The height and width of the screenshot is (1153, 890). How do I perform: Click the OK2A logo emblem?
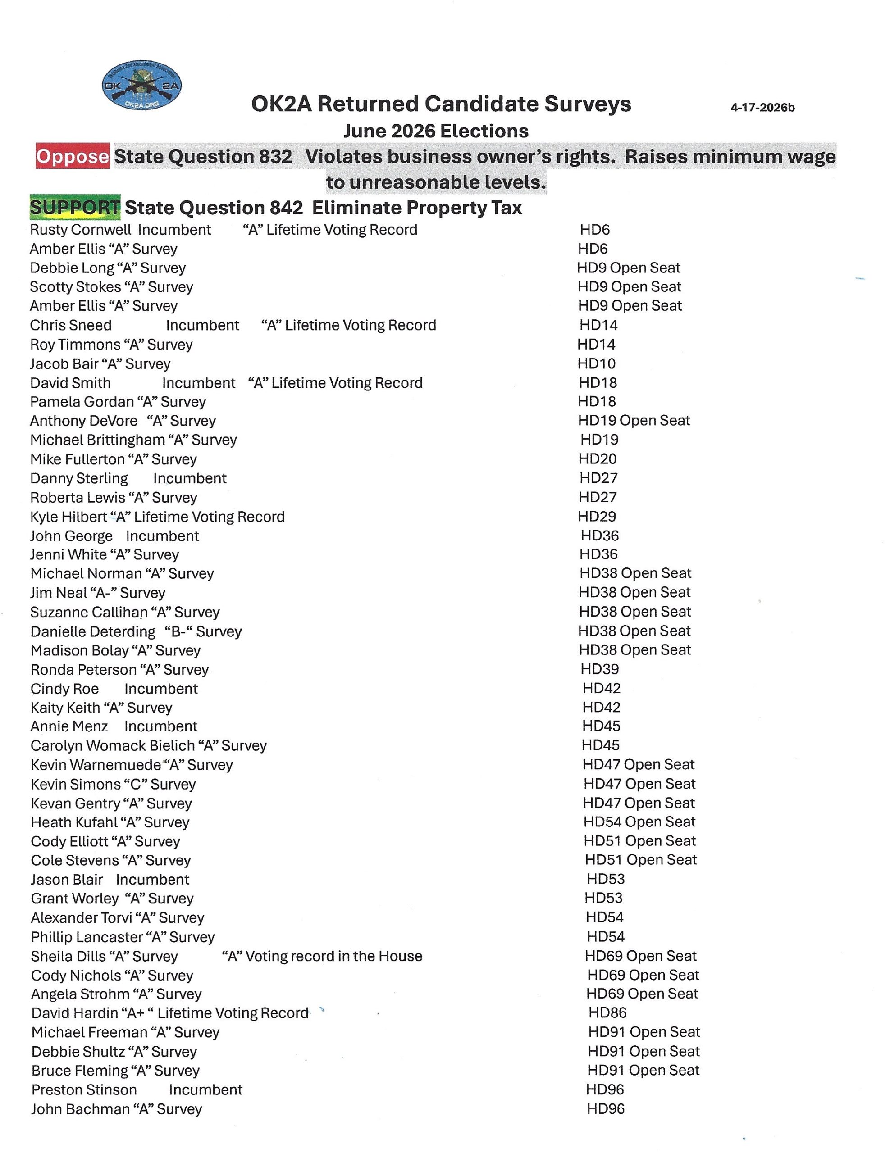[x=141, y=85]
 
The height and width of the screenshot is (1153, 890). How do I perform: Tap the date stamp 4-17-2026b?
[x=762, y=107]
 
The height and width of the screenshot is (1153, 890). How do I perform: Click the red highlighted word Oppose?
[x=73, y=156]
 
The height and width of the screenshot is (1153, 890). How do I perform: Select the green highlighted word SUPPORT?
[x=75, y=208]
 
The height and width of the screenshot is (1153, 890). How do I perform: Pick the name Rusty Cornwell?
[x=80, y=230]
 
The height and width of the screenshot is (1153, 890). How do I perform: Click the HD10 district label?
[x=596, y=363]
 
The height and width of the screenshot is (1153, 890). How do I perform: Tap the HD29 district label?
[x=597, y=516]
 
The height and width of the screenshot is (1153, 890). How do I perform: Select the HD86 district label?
[x=607, y=1012]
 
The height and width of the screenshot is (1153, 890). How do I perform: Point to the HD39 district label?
[x=599, y=669]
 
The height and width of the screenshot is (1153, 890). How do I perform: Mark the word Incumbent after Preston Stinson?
[x=205, y=1089]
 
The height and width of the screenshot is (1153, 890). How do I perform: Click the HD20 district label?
[x=598, y=459]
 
